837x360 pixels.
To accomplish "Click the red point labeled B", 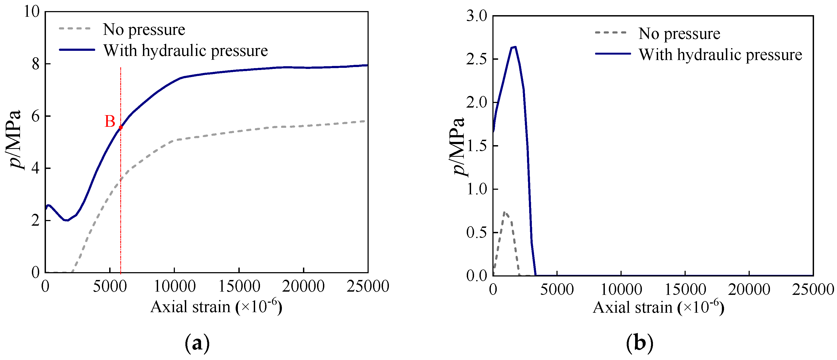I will tap(121, 128).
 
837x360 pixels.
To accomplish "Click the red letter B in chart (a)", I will tap(110, 122).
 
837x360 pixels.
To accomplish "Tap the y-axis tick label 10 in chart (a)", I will tap(32, 12).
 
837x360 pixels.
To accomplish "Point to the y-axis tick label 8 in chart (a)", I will tap(36, 64).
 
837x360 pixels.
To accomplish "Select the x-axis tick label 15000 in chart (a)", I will tap(239, 286).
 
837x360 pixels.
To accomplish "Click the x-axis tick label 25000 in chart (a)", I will tap(368, 286).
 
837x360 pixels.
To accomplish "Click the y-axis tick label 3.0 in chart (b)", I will tap(477, 16).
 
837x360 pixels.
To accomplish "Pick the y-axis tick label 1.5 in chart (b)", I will tap(477, 146).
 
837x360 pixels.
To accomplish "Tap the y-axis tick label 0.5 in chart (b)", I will tap(477, 233).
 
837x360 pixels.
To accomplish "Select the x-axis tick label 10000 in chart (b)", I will tap(621, 289).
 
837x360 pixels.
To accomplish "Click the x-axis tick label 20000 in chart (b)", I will tap(749, 289).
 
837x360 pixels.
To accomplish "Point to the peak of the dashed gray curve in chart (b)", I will tap(504, 212).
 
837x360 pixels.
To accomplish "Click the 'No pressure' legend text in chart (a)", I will tap(144, 29).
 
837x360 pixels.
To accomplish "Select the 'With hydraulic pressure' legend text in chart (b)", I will tap(720, 55).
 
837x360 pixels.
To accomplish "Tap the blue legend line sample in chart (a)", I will tap(77, 50).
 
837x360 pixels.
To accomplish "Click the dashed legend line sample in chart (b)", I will tap(611, 32).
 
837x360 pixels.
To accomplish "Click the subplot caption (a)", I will tap(197, 343).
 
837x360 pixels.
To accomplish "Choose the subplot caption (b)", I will tap(639, 343).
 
